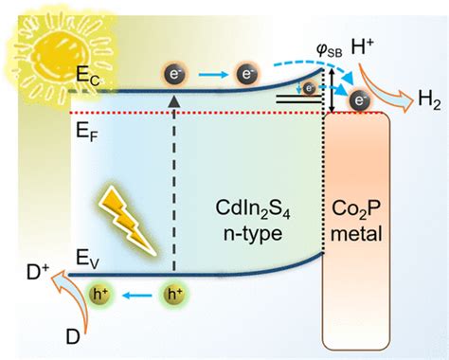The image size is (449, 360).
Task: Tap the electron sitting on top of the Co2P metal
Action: click(x=359, y=99)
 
